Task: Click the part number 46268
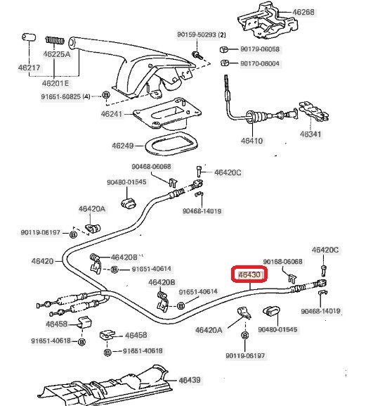303,12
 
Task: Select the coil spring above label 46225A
55,40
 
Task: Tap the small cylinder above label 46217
29,37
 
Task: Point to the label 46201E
55,83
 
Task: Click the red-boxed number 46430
249,274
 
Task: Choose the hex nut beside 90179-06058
224,49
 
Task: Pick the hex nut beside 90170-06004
225,63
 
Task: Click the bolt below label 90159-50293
197,56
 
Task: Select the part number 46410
251,141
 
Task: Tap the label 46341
310,134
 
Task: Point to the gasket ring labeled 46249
171,144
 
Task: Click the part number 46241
112,114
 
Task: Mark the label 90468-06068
151,167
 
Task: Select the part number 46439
190,380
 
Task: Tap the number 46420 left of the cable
42,261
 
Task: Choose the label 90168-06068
282,262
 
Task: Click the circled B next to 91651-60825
106,95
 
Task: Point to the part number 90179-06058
260,49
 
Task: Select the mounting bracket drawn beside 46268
268,21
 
